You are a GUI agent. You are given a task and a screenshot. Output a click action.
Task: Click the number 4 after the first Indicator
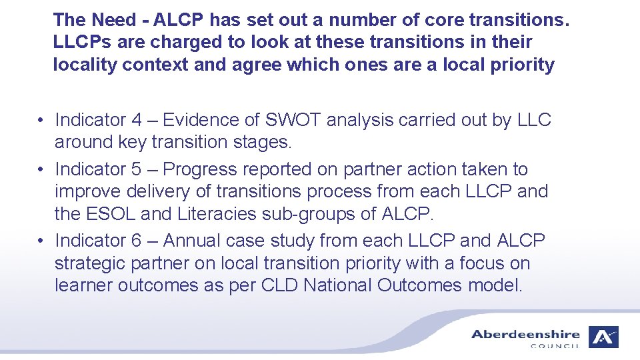(x=137, y=120)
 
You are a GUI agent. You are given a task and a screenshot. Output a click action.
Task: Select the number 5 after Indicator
(x=137, y=169)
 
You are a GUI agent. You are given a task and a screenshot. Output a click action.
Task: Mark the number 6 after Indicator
(x=137, y=240)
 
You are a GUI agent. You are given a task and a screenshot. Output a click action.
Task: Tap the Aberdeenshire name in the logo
(x=525, y=334)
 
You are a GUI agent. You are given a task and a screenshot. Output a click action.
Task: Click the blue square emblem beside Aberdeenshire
(x=603, y=337)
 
